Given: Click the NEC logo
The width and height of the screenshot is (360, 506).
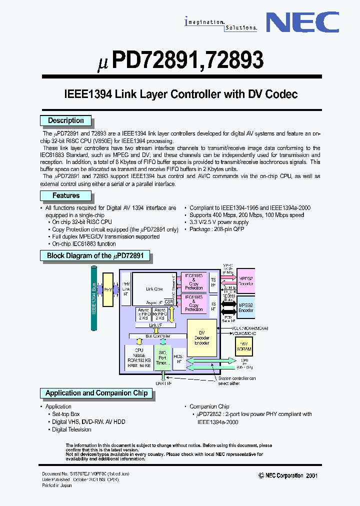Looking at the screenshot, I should point(301,23).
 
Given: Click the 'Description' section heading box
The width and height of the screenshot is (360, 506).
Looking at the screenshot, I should point(65,120).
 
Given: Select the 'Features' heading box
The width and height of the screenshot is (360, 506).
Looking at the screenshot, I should point(65,195).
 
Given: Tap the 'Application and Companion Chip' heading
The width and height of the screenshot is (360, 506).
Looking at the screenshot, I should point(96,393).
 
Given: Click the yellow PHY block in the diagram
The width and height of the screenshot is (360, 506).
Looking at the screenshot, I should point(108,289).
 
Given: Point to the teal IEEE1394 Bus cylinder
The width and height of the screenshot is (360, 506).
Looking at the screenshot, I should point(93,298).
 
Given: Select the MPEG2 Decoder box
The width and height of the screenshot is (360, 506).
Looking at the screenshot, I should point(245,280).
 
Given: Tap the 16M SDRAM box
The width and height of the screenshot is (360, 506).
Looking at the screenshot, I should point(244,346).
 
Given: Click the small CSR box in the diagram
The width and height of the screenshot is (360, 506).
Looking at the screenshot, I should point(169,302).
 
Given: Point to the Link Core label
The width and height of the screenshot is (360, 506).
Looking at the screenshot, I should point(154,289).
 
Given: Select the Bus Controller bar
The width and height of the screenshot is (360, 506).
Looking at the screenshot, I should point(157,336).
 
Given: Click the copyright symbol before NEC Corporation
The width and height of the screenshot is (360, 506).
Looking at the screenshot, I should point(261,476).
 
